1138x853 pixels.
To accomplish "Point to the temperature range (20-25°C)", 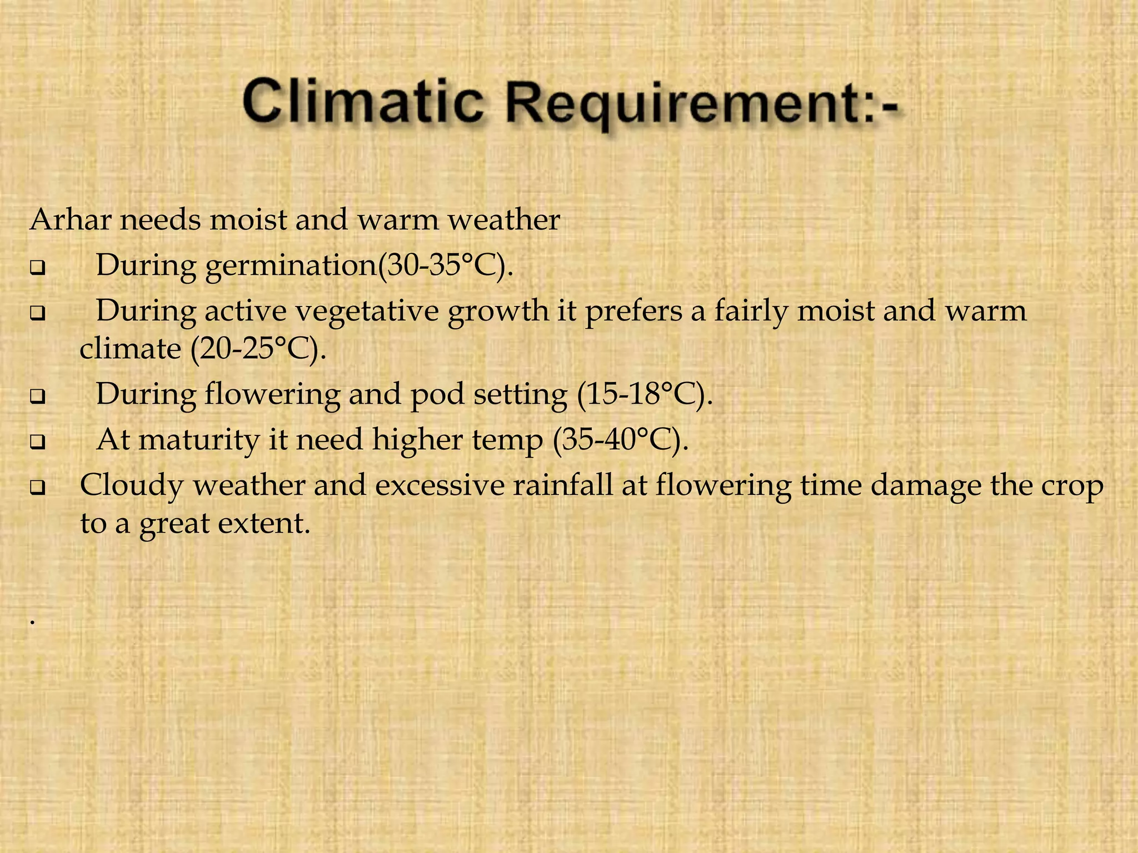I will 258,349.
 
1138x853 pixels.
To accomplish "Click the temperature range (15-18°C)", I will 645,394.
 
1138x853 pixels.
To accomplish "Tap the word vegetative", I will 367,311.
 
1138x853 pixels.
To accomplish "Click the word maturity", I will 199,440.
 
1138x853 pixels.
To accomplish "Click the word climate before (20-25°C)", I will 130,349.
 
